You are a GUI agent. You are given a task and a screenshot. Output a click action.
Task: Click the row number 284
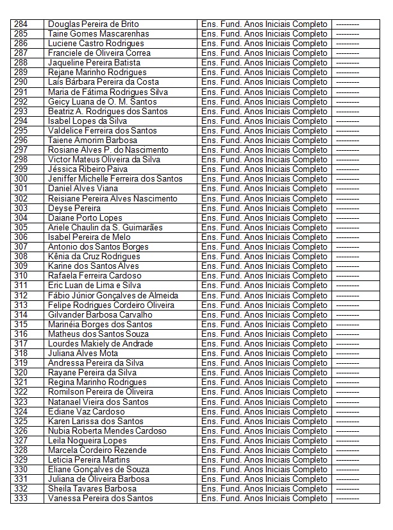coord(21,24)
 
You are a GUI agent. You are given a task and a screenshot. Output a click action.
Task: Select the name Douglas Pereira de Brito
coord(93,24)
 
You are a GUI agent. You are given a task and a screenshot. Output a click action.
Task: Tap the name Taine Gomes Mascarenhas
coord(98,34)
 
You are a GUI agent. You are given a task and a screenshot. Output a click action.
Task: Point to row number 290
coord(21,82)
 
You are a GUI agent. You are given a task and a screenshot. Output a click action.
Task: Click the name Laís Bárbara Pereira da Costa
coord(103,82)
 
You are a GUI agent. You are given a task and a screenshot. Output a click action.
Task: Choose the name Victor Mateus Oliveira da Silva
coord(104,160)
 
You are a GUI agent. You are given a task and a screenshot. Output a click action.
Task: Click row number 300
coord(21,179)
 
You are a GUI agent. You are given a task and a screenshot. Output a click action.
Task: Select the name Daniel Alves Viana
coord(83,189)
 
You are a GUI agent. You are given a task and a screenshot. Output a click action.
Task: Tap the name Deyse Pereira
coord(74,208)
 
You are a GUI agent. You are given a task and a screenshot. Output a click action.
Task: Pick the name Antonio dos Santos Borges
coord(98,247)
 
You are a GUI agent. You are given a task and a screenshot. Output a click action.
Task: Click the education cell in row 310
coord(264,276)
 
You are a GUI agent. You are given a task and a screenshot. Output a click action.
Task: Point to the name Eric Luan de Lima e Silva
coord(94,286)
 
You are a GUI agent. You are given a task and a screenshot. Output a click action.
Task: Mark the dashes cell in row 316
coord(347,334)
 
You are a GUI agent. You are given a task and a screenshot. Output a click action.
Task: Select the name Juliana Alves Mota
coord(83,354)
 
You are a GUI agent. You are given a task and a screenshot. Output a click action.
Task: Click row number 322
coord(21,392)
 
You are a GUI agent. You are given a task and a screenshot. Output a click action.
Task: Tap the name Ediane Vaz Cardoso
coord(86,412)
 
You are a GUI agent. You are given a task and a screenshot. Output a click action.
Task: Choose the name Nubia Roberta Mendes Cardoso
coord(107,431)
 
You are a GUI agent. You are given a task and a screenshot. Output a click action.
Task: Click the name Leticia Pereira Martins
coord(88,460)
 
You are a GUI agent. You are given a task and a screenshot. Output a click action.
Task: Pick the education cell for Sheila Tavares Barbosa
coord(264,489)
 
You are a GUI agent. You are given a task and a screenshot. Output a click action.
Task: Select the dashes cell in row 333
coord(347,499)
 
